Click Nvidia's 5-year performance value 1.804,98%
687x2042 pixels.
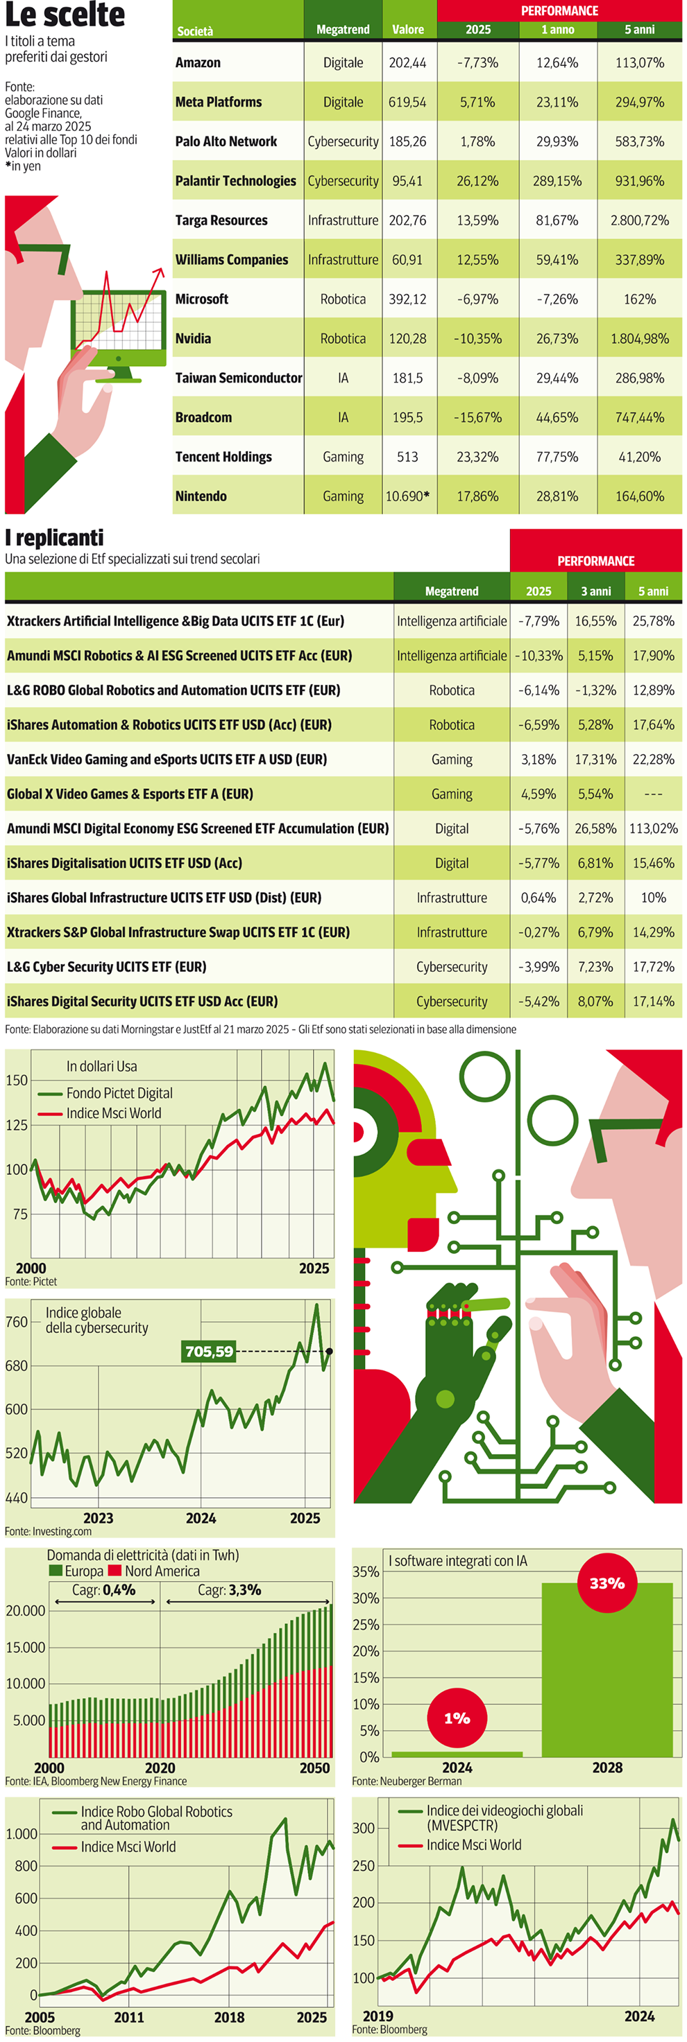tap(639, 338)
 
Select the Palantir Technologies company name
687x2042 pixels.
tap(236, 181)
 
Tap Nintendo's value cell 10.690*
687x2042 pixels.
tap(408, 496)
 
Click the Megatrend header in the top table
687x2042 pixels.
tap(343, 29)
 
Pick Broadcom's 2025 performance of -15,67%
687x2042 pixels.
tap(477, 417)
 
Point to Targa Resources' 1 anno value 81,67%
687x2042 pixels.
tap(557, 220)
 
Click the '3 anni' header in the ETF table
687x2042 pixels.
tap(596, 591)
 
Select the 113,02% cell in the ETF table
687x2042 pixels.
tap(653, 828)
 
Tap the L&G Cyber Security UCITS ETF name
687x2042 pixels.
tap(106, 967)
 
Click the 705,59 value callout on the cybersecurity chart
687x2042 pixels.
tap(210, 1352)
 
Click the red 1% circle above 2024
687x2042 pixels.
tap(457, 1718)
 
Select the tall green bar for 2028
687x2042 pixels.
tap(607, 1681)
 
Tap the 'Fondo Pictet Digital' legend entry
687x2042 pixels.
tap(119, 1093)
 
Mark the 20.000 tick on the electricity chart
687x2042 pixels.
tap(26, 1611)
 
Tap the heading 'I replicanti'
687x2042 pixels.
tap(54, 539)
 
